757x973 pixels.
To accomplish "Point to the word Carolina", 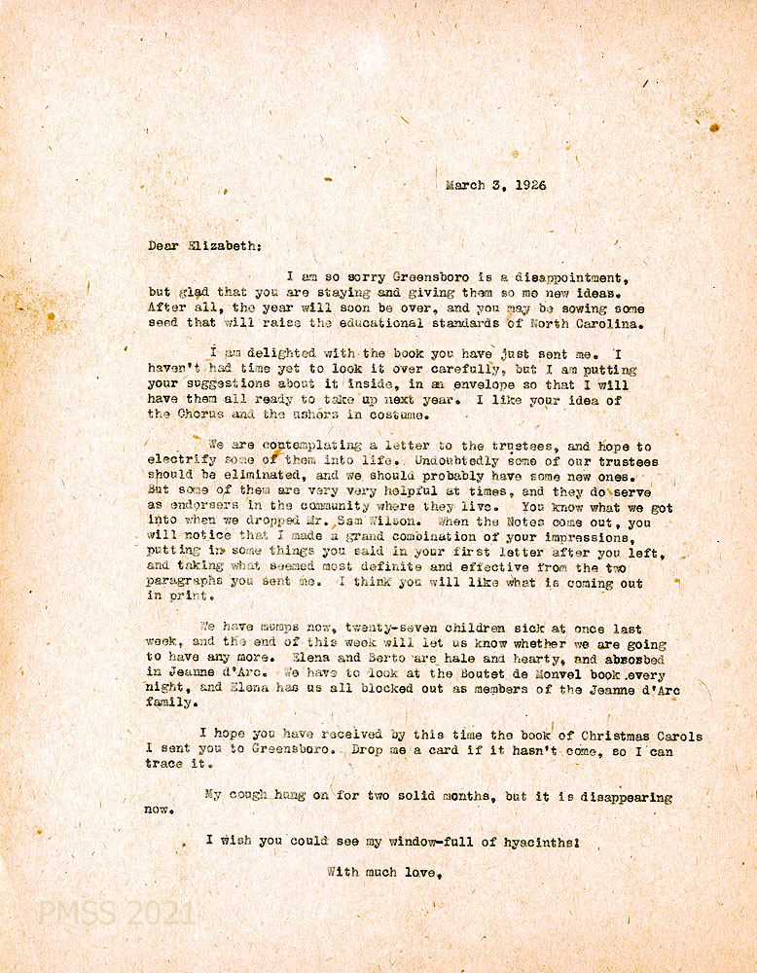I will click(607, 324).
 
